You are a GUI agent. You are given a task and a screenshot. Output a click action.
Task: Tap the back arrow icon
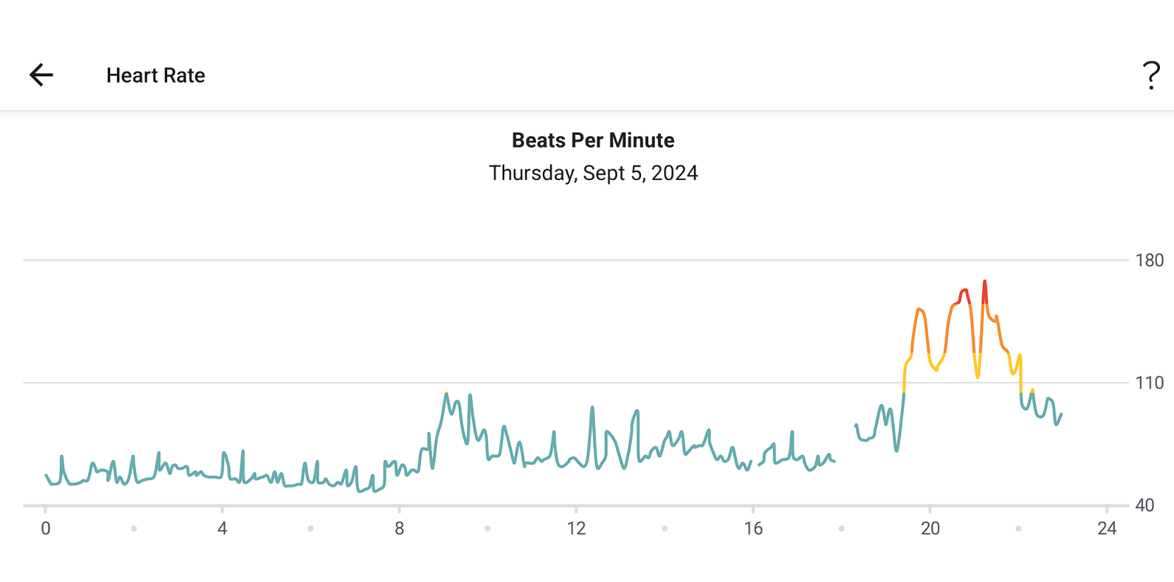41,75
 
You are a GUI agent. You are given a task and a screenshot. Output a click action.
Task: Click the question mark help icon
1151,75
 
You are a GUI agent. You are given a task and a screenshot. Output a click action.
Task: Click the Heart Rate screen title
156,75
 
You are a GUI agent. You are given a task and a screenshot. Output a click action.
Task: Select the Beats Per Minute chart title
593,140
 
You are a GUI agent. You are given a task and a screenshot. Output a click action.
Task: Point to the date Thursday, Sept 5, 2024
593,173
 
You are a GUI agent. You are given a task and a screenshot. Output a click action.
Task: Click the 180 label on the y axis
1149,261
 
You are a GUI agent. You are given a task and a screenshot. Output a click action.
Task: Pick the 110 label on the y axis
1149,383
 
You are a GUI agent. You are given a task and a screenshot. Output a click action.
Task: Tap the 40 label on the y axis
1144,505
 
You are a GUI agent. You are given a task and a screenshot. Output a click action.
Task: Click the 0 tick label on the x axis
46,528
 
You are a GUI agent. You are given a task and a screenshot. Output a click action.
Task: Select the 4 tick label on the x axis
222,528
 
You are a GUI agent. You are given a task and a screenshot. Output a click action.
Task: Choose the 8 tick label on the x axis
399,528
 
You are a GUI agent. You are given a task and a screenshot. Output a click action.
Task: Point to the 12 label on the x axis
576,528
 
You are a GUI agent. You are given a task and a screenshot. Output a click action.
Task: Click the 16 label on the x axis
753,528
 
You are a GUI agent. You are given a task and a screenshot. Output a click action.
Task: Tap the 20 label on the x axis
930,528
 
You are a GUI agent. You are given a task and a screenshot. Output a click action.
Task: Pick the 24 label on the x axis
1107,528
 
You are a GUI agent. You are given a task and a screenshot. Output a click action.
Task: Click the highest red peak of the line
985,282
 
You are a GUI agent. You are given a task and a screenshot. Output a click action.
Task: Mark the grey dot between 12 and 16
664,528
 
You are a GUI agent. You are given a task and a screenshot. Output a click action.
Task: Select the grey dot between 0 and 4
134,528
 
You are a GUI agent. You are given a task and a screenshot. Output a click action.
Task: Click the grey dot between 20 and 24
1018,528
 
